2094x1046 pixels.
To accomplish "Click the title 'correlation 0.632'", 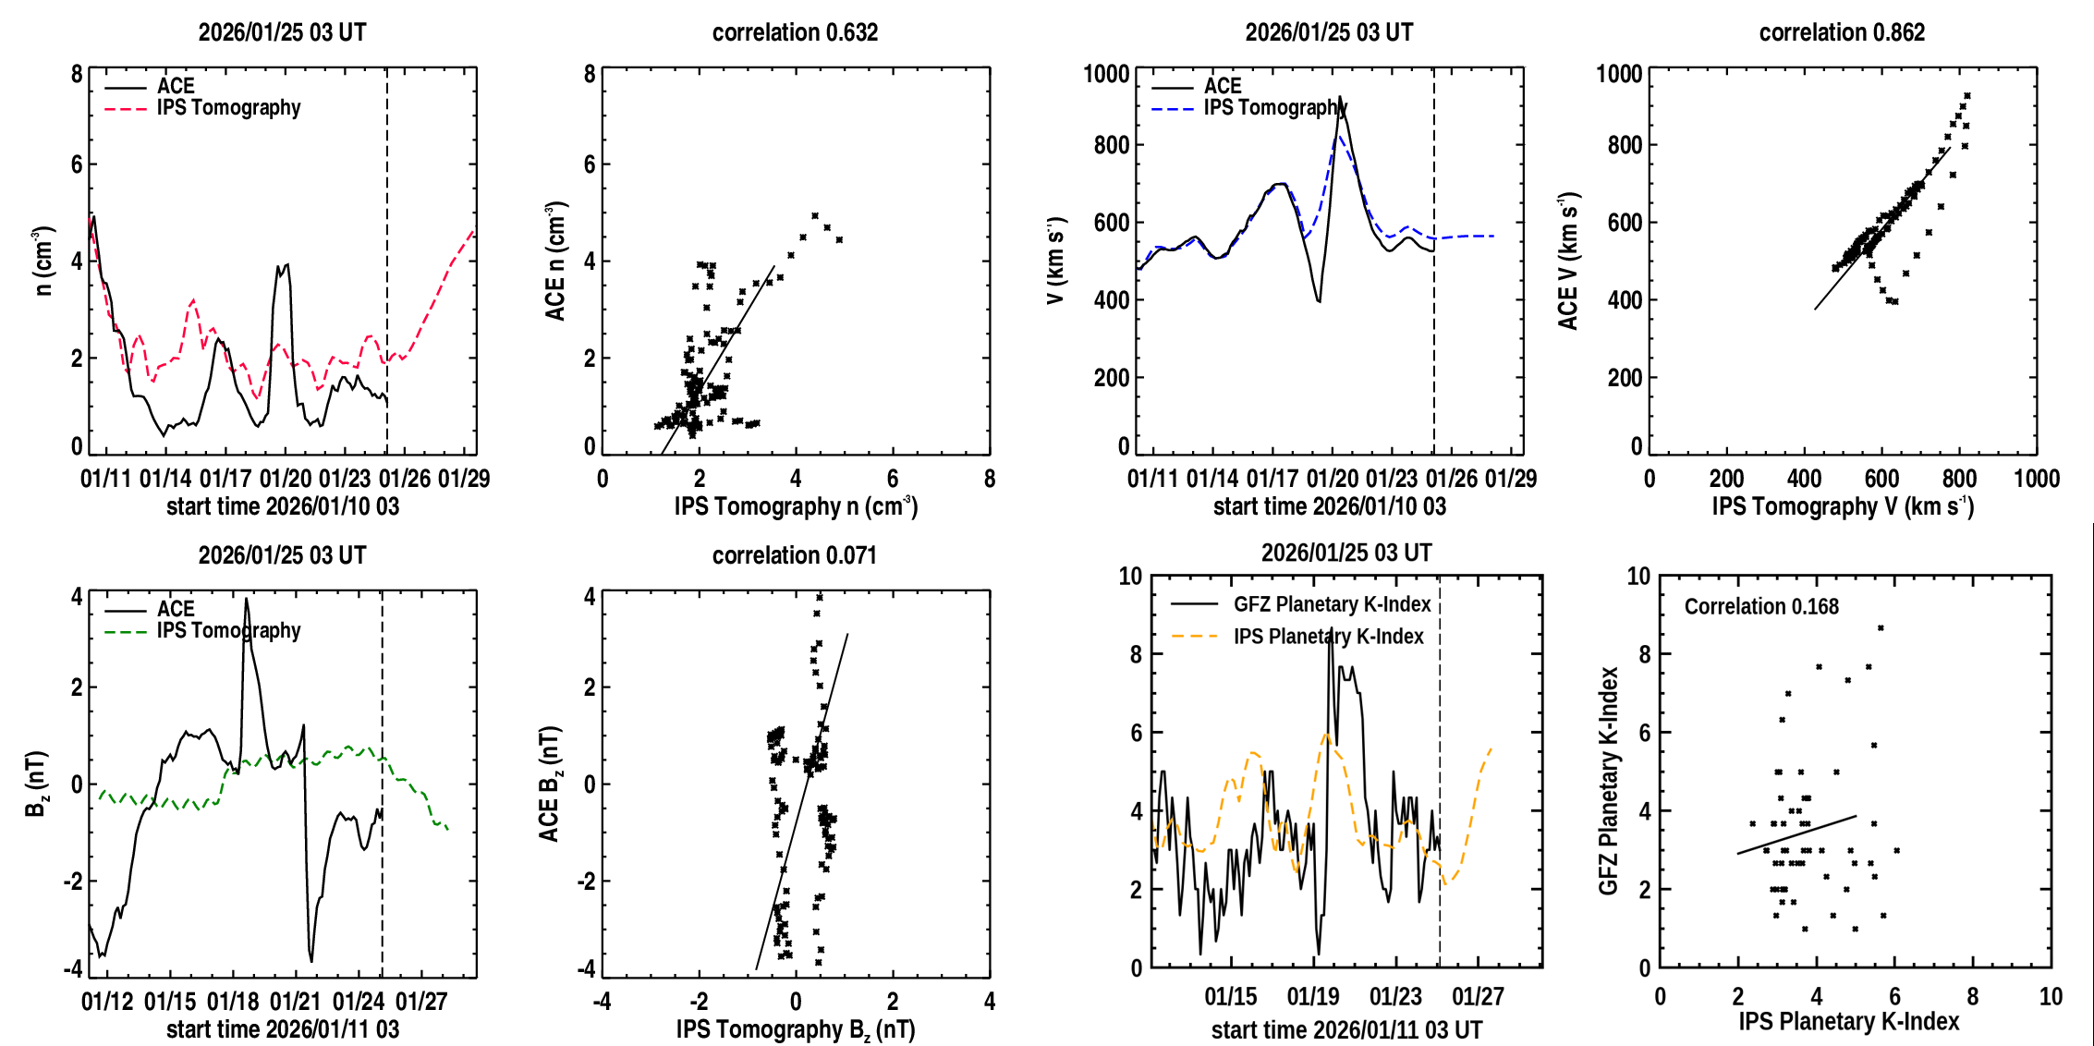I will click(x=795, y=32).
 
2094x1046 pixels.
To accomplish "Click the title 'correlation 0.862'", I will click(x=1842, y=32).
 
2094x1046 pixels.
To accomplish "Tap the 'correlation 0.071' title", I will click(x=794, y=555).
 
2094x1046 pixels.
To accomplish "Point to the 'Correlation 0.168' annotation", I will click(x=1761, y=606).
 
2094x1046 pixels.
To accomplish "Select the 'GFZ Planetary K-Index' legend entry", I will click(x=1332, y=604).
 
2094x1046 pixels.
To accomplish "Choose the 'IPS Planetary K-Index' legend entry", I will click(x=1328, y=637).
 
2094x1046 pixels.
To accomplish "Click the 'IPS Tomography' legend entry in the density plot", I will click(x=228, y=108).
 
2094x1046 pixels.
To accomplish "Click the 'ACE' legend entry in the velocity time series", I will click(x=1223, y=86).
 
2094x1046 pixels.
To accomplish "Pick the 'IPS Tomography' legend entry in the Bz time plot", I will click(x=228, y=631).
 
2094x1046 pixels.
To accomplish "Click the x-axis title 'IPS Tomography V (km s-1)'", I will click(x=1843, y=506).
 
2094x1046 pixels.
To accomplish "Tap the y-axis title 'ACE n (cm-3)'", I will click(x=554, y=261).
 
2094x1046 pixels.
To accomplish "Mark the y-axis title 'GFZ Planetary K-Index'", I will click(x=1608, y=781).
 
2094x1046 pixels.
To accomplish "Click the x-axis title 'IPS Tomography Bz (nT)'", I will click(x=796, y=1029).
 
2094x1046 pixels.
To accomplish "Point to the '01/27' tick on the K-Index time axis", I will click(x=1478, y=997).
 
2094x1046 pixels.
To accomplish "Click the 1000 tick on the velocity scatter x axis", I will click(x=2036, y=479).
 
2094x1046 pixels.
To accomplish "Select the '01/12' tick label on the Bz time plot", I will click(x=107, y=1002).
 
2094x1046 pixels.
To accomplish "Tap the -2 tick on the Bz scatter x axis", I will click(x=699, y=1002).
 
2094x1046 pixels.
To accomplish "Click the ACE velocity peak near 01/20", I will click(x=1340, y=97).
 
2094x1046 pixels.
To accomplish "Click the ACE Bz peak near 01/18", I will click(x=246, y=599).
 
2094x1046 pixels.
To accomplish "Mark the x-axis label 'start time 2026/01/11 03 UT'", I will click(x=1346, y=1029).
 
